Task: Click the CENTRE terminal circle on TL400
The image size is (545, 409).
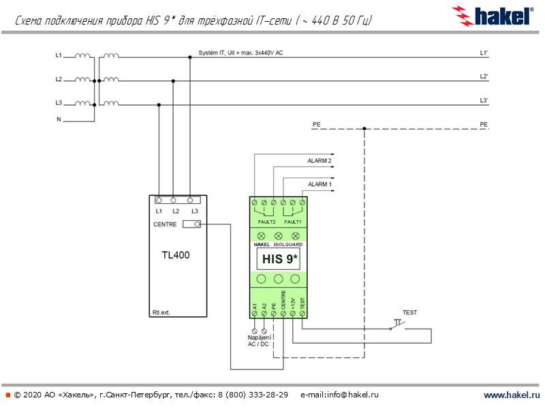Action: coord(197,224)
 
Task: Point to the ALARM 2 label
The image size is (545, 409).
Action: coord(320,161)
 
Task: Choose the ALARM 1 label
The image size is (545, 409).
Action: coord(320,184)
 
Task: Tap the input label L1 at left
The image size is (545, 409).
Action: coord(59,54)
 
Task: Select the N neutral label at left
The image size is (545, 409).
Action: coord(59,119)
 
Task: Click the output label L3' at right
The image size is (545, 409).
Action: coord(483,100)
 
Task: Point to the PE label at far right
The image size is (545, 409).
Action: coord(484,125)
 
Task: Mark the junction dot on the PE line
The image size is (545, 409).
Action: coord(364,128)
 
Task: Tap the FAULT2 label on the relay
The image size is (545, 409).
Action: coord(266,222)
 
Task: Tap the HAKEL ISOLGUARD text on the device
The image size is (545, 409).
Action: coord(278,243)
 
